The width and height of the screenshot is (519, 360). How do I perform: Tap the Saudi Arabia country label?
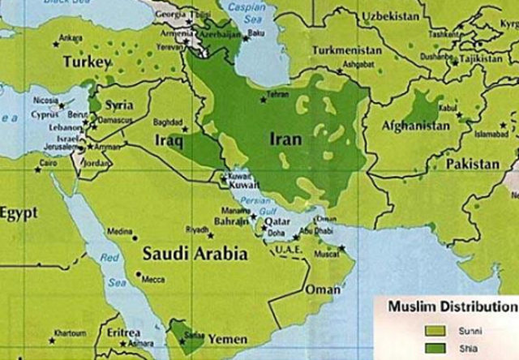click(195, 254)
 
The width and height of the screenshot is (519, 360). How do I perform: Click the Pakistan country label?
click(471, 164)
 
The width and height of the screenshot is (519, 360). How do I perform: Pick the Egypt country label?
click(19, 214)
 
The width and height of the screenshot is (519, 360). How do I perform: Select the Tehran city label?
click(277, 94)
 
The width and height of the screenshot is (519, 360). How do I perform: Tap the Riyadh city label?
click(197, 229)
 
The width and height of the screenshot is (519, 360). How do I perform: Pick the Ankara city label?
click(71, 36)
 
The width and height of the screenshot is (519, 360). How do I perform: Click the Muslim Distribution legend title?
click(451, 306)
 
